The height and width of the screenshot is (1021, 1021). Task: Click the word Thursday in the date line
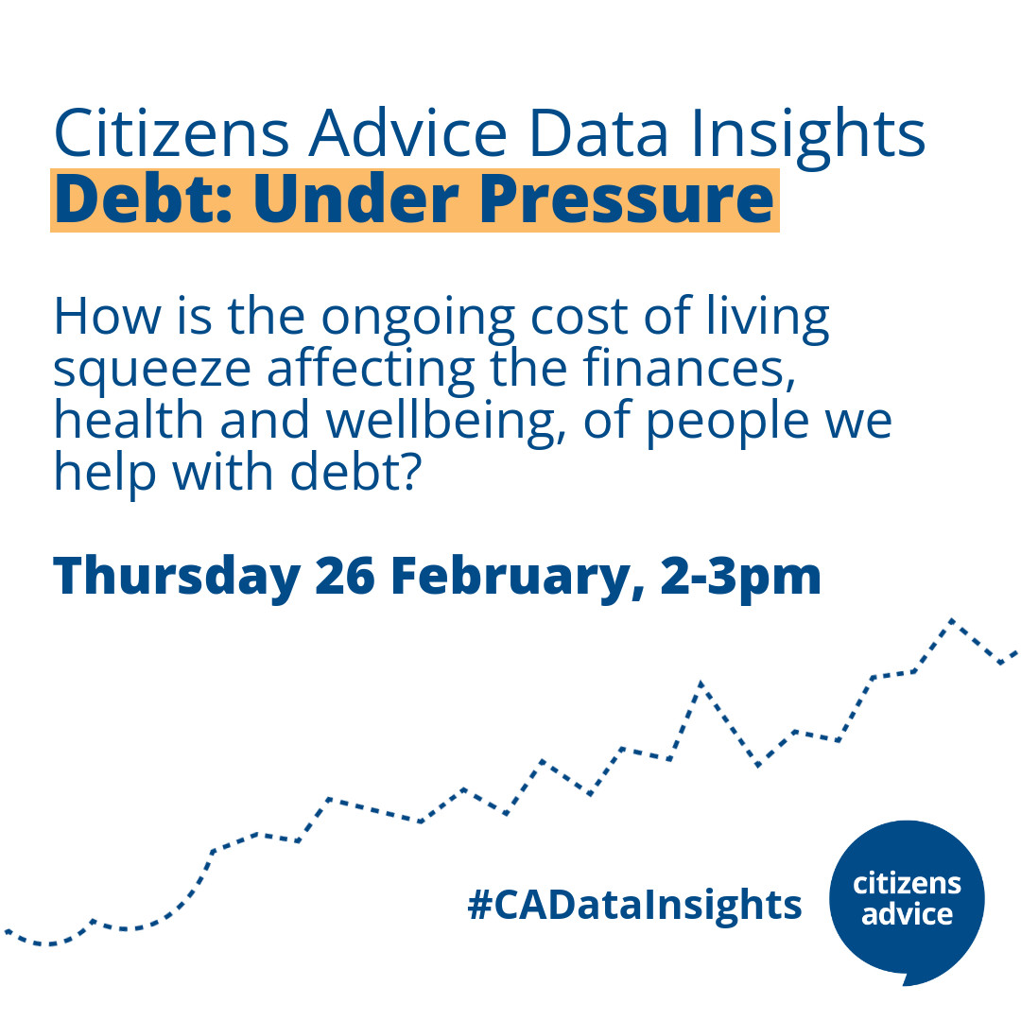click(x=176, y=576)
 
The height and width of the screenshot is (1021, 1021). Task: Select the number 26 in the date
click(x=346, y=576)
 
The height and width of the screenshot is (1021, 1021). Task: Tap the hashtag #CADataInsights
click(x=634, y=905)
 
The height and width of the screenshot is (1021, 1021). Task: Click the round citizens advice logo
click(x=906, y=899)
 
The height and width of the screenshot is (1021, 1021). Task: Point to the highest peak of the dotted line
click(x=952, y=620)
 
